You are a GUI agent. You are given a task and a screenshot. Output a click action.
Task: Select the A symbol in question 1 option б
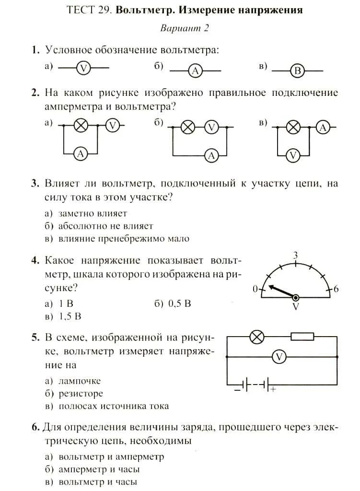[195, 71]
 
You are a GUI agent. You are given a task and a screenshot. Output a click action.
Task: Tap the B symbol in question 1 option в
[297, 71]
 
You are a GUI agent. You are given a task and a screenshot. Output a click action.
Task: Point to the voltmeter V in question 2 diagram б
[211, 127]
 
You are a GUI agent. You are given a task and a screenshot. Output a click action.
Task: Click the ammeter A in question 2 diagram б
[211, 155]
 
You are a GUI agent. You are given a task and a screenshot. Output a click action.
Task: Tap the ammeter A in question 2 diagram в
[323, 127]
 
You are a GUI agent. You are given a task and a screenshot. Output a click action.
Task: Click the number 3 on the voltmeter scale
[296, 255]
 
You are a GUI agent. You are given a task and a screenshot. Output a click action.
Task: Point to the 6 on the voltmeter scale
[336, 289]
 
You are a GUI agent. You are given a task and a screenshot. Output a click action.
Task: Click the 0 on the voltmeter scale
[255, 289]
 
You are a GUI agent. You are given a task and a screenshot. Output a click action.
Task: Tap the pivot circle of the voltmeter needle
[296, 298]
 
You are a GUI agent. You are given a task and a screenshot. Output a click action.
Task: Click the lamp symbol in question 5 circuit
[258, 337]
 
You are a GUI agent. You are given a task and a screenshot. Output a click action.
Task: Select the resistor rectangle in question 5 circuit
[302, 337]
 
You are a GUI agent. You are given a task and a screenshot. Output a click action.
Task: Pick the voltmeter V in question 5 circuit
[279, 356]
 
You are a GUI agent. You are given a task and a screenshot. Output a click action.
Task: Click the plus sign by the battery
[274, 390]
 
